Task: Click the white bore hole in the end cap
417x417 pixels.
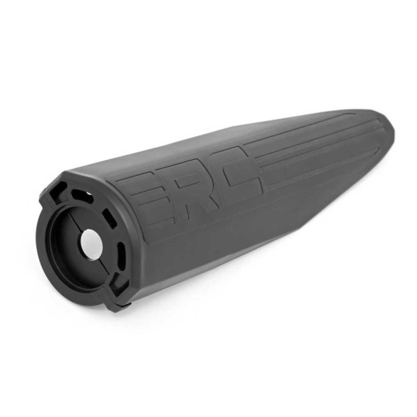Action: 91,244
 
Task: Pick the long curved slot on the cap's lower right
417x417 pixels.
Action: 121,255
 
